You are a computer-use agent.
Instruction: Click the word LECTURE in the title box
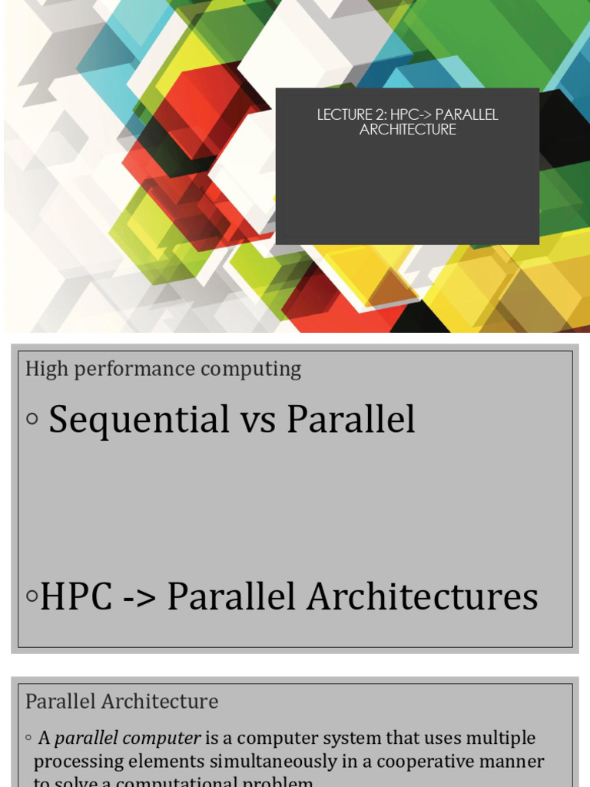[x=341, y=115]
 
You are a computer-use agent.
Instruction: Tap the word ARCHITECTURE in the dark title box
[x=407, y=130]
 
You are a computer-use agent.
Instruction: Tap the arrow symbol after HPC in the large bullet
[x=134, y=597]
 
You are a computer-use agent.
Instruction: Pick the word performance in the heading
[x=128, y=370]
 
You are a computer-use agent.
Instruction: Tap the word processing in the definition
[x=73, y=762]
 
